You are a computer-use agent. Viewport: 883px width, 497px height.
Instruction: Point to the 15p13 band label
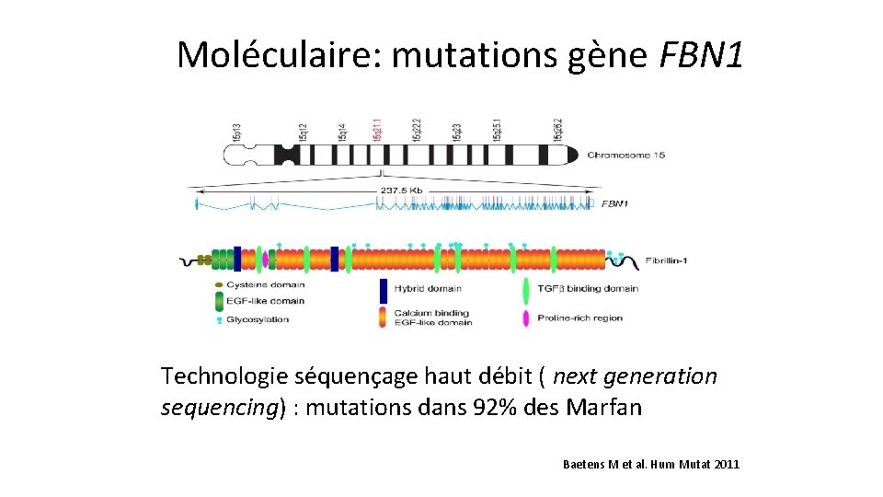pos(237,131)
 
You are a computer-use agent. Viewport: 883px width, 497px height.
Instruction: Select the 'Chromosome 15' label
pos(625,155)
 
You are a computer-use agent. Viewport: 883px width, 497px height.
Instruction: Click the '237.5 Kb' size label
pos(401,191)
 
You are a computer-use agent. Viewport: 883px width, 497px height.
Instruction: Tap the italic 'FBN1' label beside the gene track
pos(614,203)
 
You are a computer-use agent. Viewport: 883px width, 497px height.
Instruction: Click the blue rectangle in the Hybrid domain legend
pos(383,291)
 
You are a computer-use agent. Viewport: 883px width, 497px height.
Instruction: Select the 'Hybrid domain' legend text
pos(428,288)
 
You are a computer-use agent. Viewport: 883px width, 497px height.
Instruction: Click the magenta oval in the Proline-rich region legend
pos(525,318)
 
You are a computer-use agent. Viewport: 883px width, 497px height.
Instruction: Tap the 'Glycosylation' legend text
pos(258,319)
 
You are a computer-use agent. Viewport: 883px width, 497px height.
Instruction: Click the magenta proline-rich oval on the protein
pos(266,260)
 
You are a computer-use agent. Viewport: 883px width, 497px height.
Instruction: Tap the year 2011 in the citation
pos(725,465)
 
